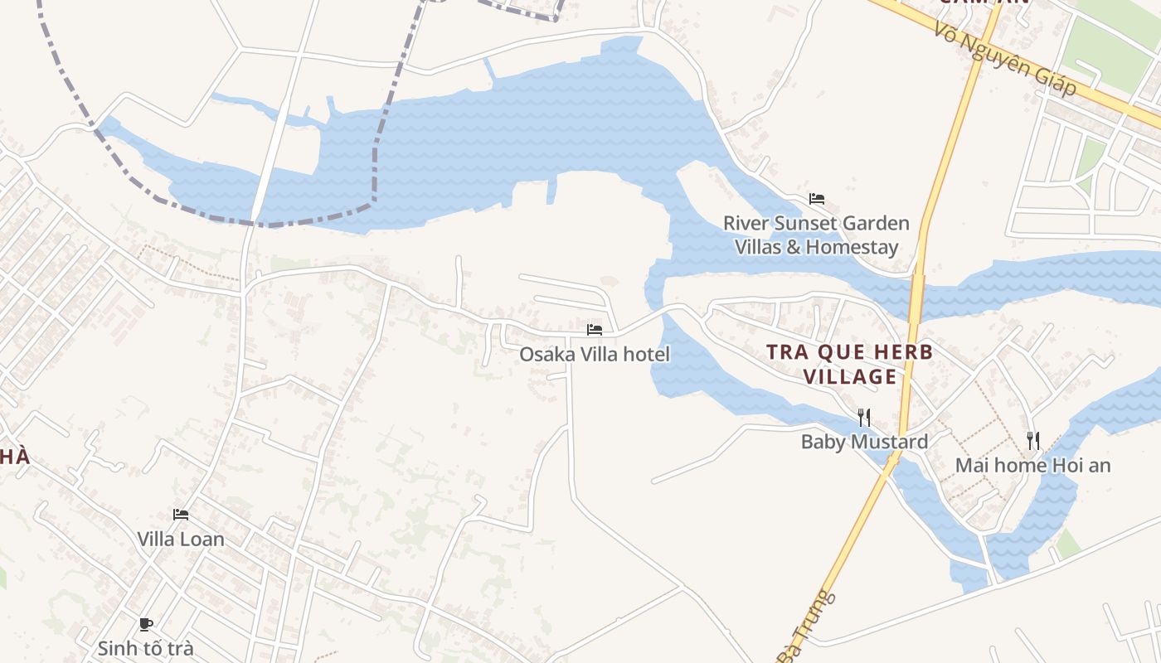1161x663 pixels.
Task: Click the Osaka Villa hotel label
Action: click(594, 355)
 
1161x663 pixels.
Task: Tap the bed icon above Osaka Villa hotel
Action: click(594, 329)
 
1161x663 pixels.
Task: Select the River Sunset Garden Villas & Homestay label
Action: click(816, 235)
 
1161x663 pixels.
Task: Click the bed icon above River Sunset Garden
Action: click(817, 199)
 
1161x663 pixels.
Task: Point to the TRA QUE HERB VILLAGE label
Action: click(850, 364)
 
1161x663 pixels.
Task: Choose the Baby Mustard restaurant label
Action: click(864, 442)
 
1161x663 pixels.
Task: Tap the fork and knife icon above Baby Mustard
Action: click(863, 416)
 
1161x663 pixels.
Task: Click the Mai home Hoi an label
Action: click(1032, 465)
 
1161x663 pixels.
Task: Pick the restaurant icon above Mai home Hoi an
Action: click(1032, 440)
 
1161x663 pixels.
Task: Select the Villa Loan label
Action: click(181, 539)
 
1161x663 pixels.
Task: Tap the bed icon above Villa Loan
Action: click(181, 515)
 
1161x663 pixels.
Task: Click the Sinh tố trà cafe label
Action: click(146, 648)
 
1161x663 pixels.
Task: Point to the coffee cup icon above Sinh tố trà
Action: click(146, 624)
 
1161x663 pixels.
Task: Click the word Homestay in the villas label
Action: click(852, 247)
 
